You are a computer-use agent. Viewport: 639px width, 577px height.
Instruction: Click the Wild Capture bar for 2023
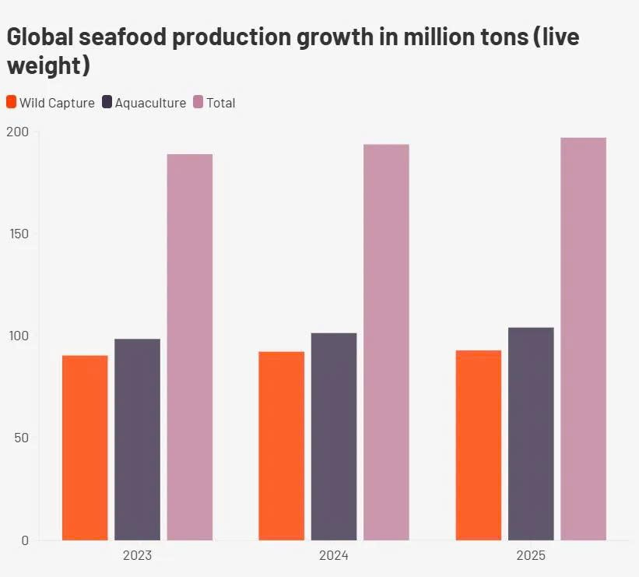point(85,448)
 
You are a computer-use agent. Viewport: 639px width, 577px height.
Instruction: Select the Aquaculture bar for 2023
point(137,439)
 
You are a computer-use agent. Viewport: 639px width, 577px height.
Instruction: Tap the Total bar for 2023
point(190,347)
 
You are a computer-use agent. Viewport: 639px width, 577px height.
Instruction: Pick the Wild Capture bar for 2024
point(281,445)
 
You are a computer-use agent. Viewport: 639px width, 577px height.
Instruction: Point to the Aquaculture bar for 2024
point(334,436)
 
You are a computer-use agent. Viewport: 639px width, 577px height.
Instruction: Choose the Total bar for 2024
point(386,343)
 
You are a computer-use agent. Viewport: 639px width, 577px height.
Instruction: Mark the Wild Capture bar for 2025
point(479,445)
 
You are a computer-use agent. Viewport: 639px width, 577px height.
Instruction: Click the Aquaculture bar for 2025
point(531,434)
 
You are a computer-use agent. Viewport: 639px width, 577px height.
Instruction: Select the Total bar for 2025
point(583,339)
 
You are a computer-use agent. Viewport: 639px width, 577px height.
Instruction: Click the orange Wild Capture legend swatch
point(11,102)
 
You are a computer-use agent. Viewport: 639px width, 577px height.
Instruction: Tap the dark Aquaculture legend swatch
point(107,102)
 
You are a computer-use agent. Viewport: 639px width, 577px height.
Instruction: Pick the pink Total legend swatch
point(198,102)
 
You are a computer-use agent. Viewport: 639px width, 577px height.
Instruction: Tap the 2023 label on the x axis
point(137,556)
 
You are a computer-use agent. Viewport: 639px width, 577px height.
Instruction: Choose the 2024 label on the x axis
point(334,556)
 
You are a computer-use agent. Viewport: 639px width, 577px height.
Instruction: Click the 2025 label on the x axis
point(531,556)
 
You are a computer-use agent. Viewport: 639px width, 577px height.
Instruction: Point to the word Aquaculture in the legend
point(150,103)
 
